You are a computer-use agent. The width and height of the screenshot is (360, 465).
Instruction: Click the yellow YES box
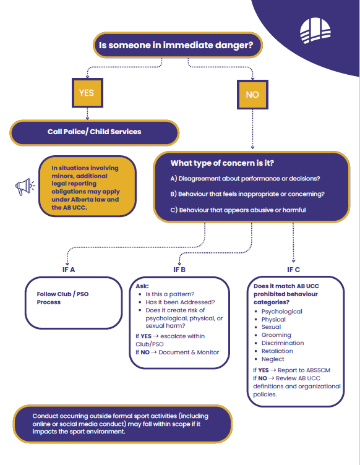[x=87, y=93]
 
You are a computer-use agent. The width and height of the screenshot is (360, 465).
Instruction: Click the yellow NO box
[x=252, y=95]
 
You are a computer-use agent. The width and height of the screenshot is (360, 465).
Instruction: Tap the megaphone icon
[x=25, y=187]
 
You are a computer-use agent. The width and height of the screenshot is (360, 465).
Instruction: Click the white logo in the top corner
[x=315, y=30]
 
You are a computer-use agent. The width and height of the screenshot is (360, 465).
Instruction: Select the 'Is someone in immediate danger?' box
[x=178, y=45]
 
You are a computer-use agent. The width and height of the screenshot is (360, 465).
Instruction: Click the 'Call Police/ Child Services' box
[x=94, y=132]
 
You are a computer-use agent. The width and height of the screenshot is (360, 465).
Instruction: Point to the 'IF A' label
[x=69, y=270]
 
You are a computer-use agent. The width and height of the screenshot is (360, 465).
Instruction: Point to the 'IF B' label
[x=179, y=270]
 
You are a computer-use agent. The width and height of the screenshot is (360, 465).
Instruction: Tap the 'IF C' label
[x=294, y=270]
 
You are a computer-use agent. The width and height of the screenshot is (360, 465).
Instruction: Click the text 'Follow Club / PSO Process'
[x=62, y=298]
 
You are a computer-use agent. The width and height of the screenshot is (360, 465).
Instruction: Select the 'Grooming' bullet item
[x=276, y=335]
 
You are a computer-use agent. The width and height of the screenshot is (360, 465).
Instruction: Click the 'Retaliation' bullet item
[x=277, y=351]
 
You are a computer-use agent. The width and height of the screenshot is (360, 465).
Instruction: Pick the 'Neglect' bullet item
[x=273, y=359]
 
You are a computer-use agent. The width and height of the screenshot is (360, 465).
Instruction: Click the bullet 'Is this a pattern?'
[x=169, y=294]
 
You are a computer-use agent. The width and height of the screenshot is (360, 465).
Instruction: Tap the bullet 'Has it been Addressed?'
[x=180, y=302]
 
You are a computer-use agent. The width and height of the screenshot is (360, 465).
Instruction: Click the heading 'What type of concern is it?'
[x=222, y=163]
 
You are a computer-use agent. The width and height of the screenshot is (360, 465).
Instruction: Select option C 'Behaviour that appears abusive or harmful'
[x=238, y=210]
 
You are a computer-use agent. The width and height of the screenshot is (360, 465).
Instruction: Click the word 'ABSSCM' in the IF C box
[x=319, y=370]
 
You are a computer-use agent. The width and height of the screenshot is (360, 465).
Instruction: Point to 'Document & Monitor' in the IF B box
[x=189, y=352]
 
